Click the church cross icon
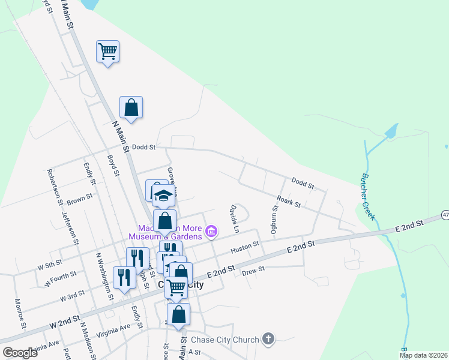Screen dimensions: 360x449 (268, 340)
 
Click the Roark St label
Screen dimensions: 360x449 (289, 201)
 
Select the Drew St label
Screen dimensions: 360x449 (253, 271)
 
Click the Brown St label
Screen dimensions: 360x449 (80, 197)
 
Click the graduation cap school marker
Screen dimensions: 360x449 (163, 195)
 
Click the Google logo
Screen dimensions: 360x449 (20, 353)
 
